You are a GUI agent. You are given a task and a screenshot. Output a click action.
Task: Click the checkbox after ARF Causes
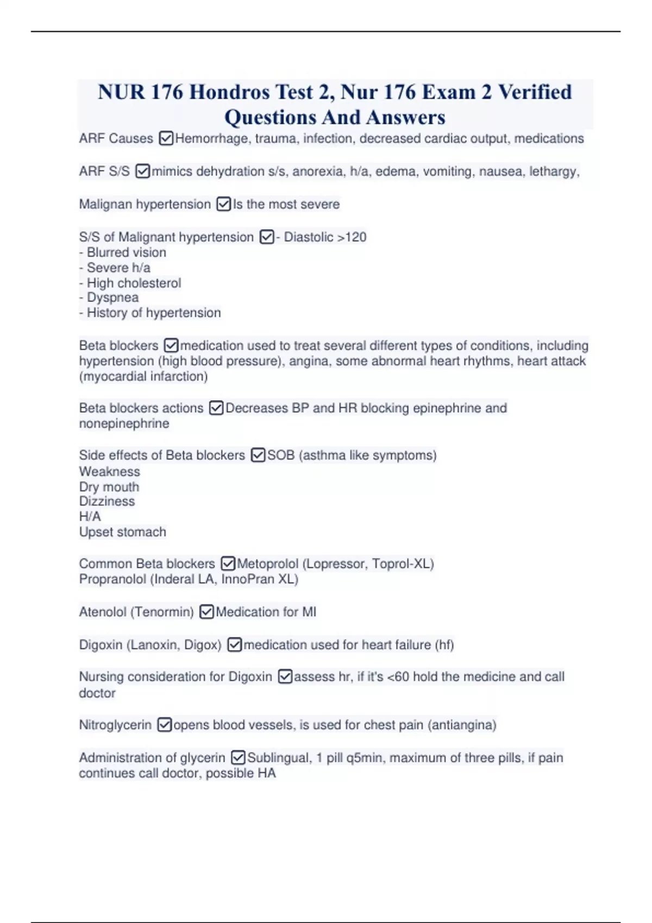166,139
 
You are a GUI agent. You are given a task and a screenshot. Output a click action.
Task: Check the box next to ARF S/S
142,172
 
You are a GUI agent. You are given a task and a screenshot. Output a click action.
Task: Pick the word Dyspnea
112,298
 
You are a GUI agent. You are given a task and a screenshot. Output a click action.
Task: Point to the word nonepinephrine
124,423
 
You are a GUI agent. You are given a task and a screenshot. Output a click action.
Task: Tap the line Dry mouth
109,487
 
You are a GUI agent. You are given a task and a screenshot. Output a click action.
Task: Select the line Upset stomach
123,532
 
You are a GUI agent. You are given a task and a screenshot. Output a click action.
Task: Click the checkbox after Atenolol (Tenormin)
207,612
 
